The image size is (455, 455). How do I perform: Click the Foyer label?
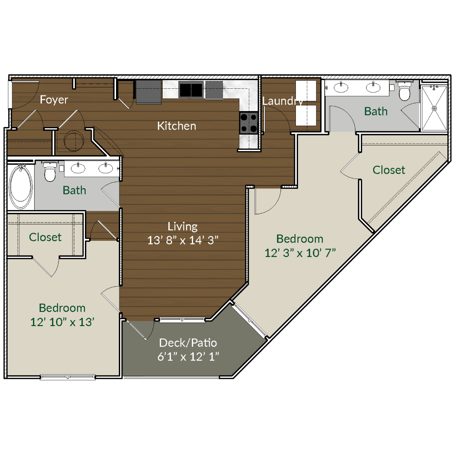(x=54, y=100)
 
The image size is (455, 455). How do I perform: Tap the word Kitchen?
(x=177, y=126)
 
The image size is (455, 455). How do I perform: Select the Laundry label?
(x=282, y=101)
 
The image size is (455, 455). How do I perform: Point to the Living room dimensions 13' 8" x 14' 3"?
(x=183, y=240)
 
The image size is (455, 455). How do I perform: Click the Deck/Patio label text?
(x=188, y=343)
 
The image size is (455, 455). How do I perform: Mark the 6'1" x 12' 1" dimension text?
(x=188, y=357)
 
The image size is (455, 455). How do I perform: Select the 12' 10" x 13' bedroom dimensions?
(x=62, y=322)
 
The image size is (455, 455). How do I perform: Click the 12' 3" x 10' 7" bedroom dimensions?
(x=300, y=253)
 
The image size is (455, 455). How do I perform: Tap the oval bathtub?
(x=20, y=186)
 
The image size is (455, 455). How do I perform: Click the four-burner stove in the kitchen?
(x=249, y=123)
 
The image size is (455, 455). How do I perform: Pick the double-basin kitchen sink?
(x=191, y=90)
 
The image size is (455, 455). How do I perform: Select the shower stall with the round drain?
(x=434, y=108)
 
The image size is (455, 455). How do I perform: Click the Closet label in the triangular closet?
(x=389, y=170)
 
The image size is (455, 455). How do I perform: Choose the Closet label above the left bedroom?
(x=45, y=237)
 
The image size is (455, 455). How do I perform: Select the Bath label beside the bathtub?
(x=74, y=190)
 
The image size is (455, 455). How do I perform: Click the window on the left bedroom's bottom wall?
(x=67, y=377)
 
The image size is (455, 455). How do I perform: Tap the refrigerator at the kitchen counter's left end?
(x=149, y=92)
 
